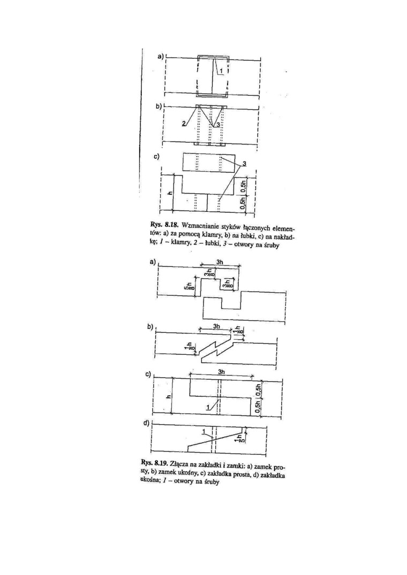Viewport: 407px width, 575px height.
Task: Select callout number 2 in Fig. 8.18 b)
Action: [x=184, y=124]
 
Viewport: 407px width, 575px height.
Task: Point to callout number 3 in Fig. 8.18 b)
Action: [x=218, y=125]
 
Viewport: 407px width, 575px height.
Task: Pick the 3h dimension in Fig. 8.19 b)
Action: [x=217, y=326]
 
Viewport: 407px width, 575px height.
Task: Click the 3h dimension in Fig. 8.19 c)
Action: [x=221, y=371]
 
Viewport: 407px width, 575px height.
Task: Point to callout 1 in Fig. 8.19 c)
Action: [x=208, y=407]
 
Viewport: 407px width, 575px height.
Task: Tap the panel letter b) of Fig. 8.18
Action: [x=159, y=106]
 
